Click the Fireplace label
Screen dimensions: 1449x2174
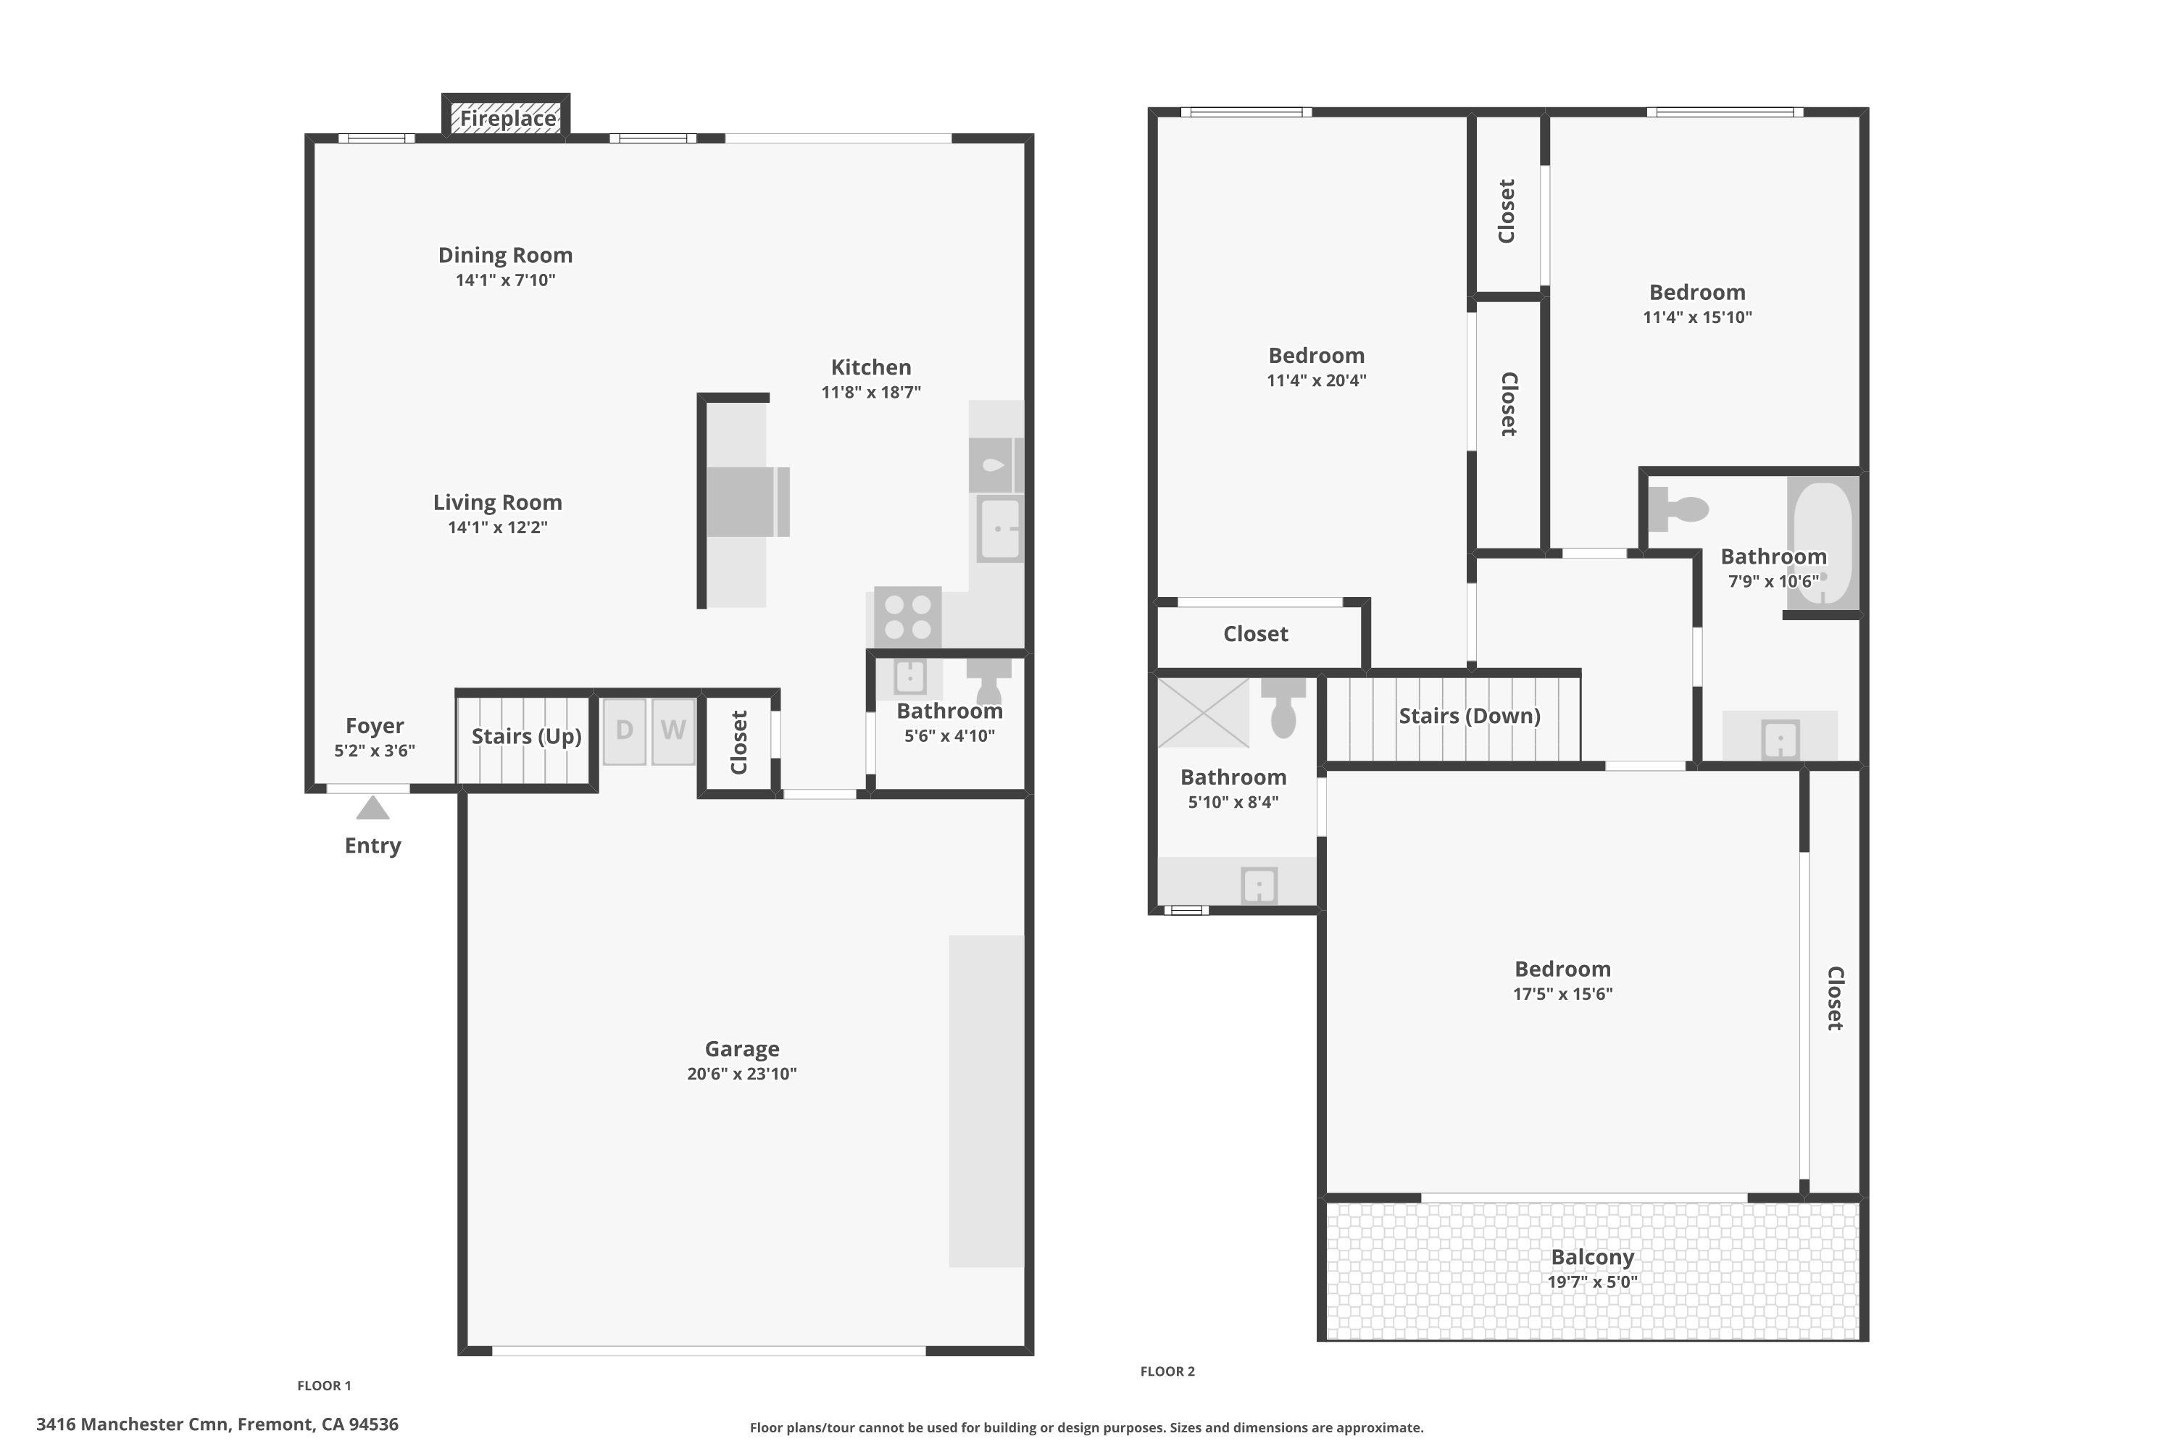click(507, 118)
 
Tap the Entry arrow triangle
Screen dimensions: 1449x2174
click(372, 809)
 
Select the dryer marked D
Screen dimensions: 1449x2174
click(625, 731)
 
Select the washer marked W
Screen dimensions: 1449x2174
click(673, 731)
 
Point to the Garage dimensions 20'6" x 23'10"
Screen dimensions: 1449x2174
click(741, 1074)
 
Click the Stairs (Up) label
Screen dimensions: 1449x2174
click(526, 737)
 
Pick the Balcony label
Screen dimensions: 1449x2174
click(1591, 1258)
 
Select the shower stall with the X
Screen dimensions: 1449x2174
click(1202, 712)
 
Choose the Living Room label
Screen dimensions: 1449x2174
click(497, 503)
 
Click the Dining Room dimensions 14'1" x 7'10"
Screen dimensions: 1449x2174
click(504, 280)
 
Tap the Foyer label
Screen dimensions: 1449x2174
click(375, 727)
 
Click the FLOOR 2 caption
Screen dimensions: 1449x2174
click(1167, 1371)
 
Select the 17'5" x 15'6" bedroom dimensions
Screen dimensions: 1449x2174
click(1562, 994)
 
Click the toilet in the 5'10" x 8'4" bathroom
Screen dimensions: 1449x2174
click(1283, 707)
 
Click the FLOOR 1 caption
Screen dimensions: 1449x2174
click(323, 1385)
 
